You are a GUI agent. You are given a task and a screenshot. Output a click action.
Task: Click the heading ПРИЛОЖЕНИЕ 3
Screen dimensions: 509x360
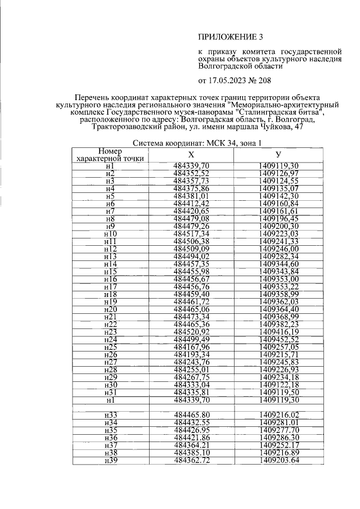[230, 37]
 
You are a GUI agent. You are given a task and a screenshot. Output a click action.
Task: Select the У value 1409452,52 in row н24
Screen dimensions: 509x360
[279, 340]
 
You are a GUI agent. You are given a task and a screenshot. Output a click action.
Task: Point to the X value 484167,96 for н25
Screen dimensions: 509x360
[191, 347]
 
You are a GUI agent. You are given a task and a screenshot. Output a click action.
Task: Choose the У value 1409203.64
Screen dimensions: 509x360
[279, 461]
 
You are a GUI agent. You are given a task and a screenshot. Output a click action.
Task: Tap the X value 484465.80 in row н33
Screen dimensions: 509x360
[191, 415]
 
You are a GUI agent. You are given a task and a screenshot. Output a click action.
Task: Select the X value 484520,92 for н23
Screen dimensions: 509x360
[191, 332]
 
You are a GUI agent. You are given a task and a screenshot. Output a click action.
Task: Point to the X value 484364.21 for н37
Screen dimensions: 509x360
[191, 445]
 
